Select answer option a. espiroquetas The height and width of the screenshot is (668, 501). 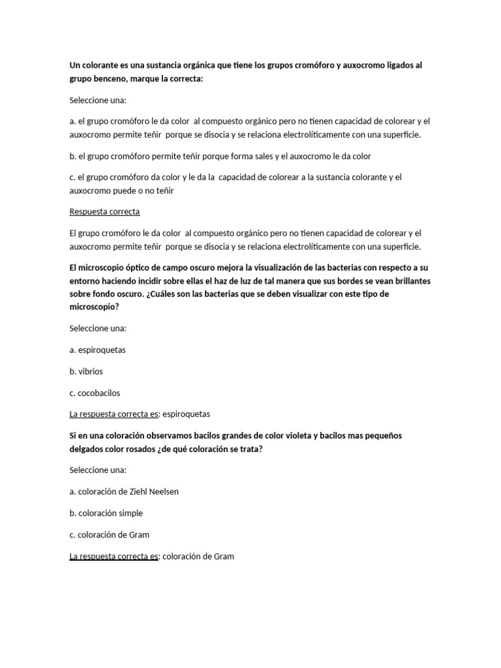[x=97, y=350]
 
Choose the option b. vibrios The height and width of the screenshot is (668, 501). [x=86, y=371]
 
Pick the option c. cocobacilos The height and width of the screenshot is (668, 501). [x=95, y=393]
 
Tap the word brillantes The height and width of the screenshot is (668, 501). [x=408, y=281]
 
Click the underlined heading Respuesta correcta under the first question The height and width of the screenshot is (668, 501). [x=104, y=212]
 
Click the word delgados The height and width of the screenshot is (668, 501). [x=87, y=448]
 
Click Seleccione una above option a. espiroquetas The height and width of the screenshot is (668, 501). [x=98, y=328]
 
